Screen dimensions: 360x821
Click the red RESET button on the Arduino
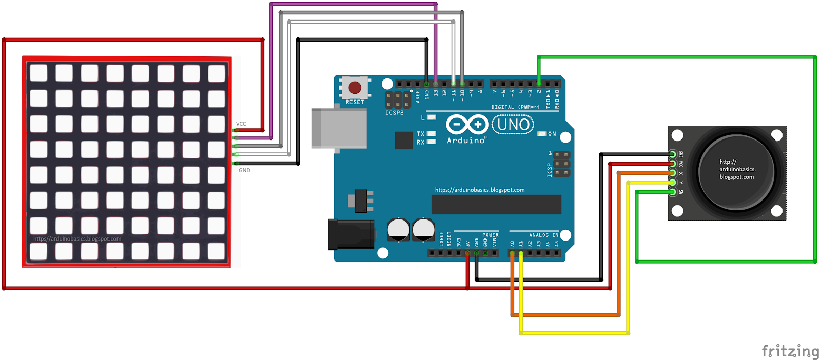click(x=355, y=88)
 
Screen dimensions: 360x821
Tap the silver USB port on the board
click(x=339, y=128)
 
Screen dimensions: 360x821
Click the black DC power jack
click(x=351, y=234)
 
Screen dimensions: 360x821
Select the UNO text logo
click(x=513, y=125)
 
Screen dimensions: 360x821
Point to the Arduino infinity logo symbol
click(x=466, y=125)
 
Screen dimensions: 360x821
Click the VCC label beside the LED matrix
click(x=241, y=124)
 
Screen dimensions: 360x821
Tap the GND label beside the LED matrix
click(x=244, y=170)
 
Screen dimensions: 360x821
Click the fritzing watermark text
click(x=790, y=351)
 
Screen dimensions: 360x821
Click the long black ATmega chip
click(x=496, y=204)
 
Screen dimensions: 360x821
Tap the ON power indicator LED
click(x=542, y=134)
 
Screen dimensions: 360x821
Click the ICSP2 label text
click(x=395, y=113)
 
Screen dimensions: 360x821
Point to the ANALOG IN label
click(x=543, y=235)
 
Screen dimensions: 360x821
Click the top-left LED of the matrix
click(x=38, y=73)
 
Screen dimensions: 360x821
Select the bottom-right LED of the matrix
click(x=217, y=251)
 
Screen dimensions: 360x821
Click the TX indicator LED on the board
click(x=432, y=134)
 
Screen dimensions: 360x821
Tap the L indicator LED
click(x=432, y=117)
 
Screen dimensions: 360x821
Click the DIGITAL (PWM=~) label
click(x=515, y=107)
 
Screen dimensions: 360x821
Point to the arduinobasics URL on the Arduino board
click(x=480, y=190)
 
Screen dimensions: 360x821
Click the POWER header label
click(x=490, y=235)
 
